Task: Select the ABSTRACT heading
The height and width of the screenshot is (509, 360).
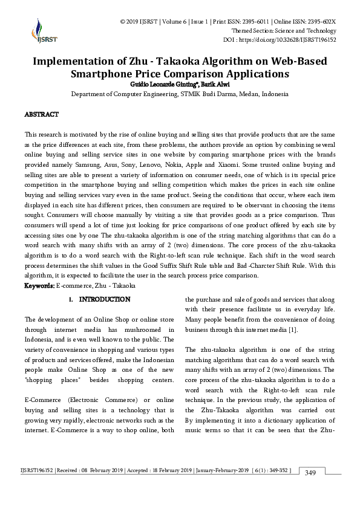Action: (41, 114)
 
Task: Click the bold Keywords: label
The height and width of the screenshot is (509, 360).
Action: (39, 285)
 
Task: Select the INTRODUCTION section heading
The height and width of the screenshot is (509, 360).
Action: (105, 299)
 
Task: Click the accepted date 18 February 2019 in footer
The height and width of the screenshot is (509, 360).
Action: (165, 469)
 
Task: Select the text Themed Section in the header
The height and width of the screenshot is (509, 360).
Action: (255, 31)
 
